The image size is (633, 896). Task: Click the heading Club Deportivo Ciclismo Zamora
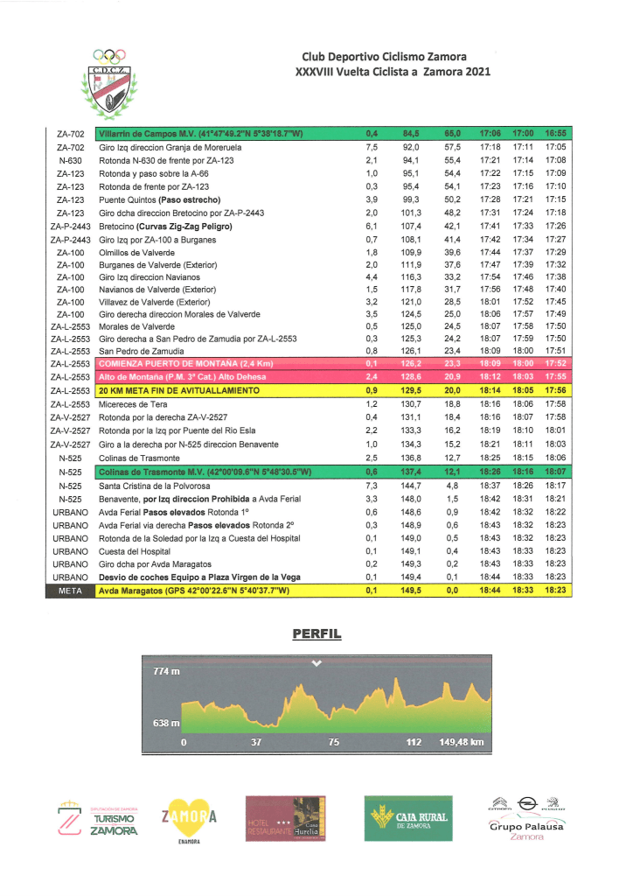click(384, 57)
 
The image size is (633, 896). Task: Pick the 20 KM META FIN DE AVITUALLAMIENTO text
click(178, 389)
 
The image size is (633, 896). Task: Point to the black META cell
click(70, 591)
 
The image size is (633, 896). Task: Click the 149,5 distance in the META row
click(411, 591)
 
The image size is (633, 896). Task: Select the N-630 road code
click(70, 161)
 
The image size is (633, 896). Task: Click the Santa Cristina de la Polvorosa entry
click(159, 485)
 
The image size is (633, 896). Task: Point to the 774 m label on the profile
click(166, 671)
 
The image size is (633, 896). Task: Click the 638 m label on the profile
click(166, 723)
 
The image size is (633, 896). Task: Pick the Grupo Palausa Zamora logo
click(526, 818)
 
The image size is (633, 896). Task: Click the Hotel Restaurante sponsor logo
click(285, 818)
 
